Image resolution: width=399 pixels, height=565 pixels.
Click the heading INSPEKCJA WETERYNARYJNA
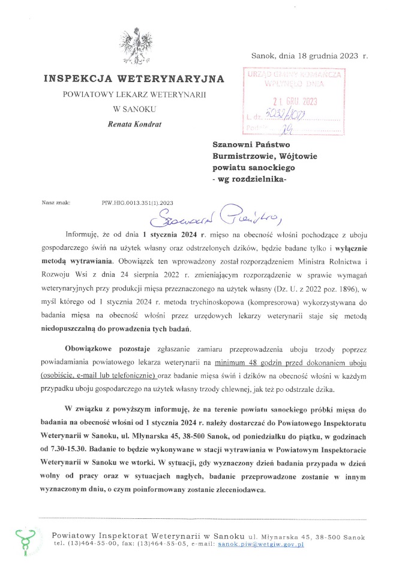(134, 79)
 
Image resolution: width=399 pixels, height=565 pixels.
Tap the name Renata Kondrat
(134, 124)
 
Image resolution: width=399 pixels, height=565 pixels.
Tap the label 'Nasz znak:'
(56, 203)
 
